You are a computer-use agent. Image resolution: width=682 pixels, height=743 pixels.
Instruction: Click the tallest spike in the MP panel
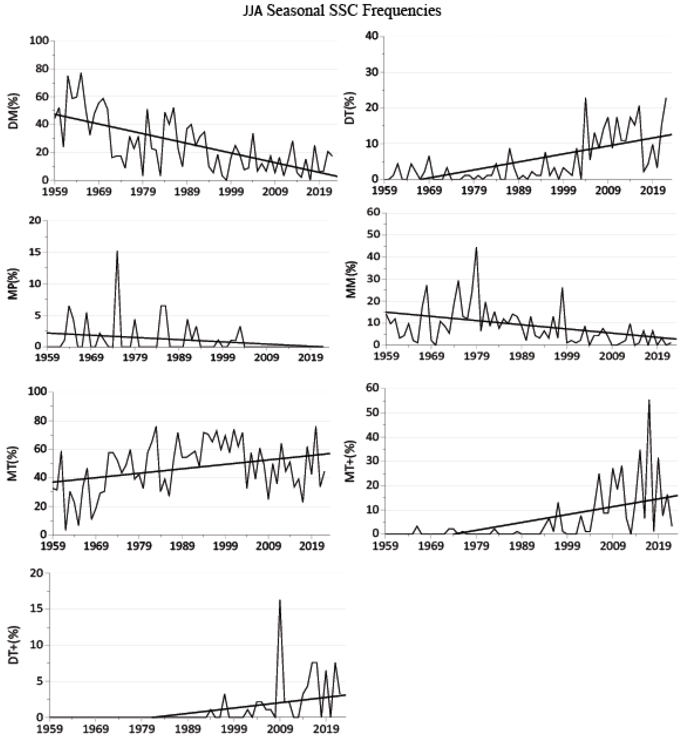pos(117,252)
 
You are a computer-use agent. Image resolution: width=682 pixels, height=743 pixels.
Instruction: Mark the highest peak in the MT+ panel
pos(649,400)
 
